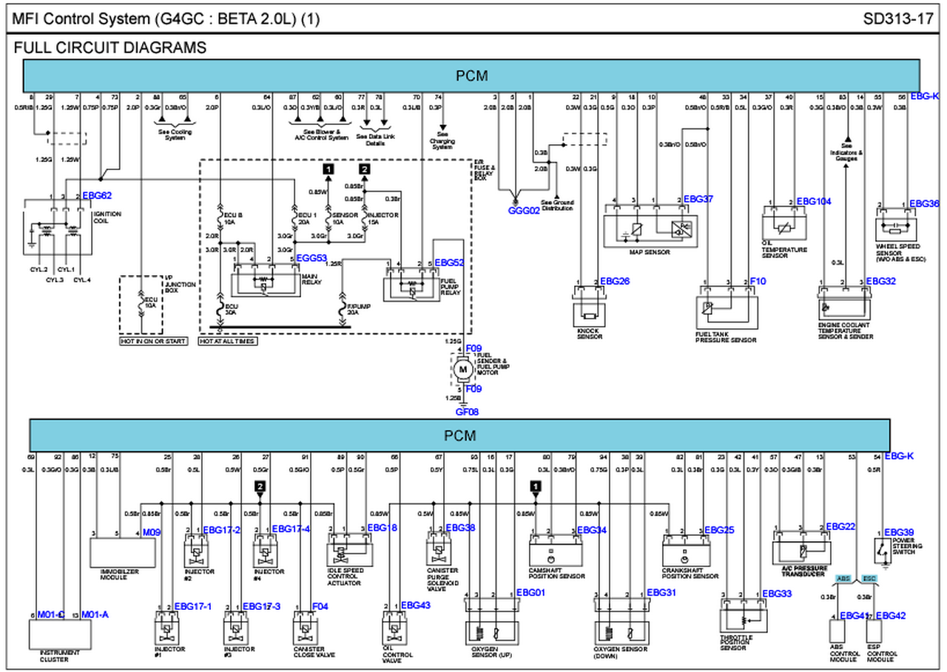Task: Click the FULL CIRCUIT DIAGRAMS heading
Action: pyautogui.click(x=109, y=48)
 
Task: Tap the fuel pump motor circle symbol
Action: pyautogui.click(x=463, y=368)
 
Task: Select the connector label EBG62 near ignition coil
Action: pyautogui.click(x=97, y=196)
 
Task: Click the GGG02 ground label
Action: pyautogui.click(x=524, y=210)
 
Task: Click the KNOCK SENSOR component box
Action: pyautogui.click(x=590, y=313)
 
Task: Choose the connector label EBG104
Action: pyautogui.click(x=814, y=201)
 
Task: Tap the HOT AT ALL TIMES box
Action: pyautogui.click(x=228, y=342)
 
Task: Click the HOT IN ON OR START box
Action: pyautogui.click(x=153, y=342)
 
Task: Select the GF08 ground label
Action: pyautogui.click(x=467, y=411)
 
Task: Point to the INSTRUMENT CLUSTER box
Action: pyautogui.click(x=60, y=635)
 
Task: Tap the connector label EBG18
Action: pyautogui.click(x=382, y=528)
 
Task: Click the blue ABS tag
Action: pyautogui.click(x=843, y=578)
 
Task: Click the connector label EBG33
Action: pyautogui.click(x=777, y=594)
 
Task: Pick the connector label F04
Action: pyautogui.click(x=320, y=606)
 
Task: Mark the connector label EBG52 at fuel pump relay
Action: pyautogui.click(x=449, y=262)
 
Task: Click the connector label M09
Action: pyautogui.click(x=152, y=532)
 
